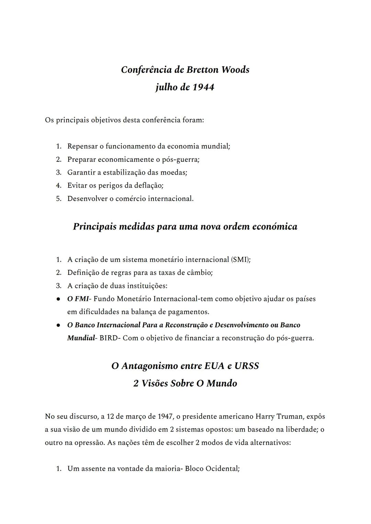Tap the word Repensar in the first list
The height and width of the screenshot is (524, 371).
coord(82,146)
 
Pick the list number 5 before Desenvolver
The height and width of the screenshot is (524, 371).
coord(59,199)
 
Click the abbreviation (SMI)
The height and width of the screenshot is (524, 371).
coord(241,259)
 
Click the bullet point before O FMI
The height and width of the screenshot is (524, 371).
coord(59,299)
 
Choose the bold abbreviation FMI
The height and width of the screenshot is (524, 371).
coord(81,299)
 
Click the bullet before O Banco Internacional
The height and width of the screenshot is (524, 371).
coord(59,325)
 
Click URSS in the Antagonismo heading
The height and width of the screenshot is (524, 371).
coord(246,366)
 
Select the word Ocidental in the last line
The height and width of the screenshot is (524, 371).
coord(222,469)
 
